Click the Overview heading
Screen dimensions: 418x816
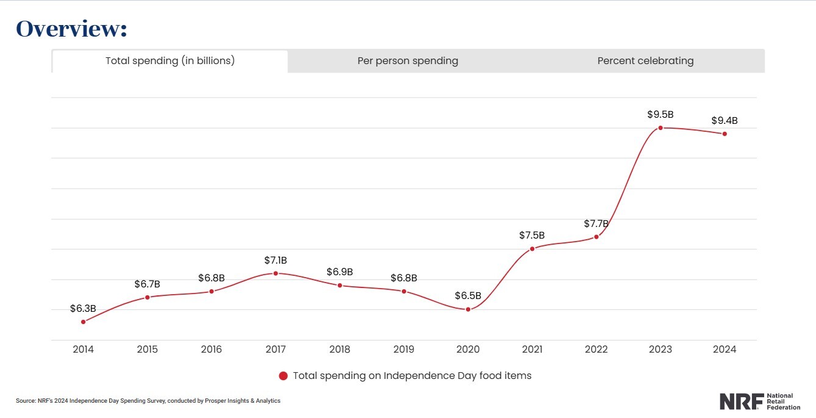click(x=71, y=29)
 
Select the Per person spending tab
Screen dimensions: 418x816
click(x=407, y=61)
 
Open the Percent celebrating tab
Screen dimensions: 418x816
click(x=645, y=61)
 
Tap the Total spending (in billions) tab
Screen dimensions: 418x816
click(x=170, y=61)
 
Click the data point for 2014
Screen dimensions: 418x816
click(x=83, y=322)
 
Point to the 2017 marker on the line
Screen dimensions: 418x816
click(x=276, y=273)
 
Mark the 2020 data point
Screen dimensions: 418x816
click(x=468, y=309)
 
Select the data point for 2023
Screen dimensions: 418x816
click(x=660, y=128)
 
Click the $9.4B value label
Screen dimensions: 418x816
click(x=724, y=121)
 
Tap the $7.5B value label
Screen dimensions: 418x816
click(x=532, y=236)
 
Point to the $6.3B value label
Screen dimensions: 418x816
click(x=83, y=309)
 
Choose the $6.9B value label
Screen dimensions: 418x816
click(x=340, y=272)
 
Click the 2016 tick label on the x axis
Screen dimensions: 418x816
click(x=211, y=350)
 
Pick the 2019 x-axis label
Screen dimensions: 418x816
click(x=404, y=350)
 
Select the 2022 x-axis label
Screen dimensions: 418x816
click(x=596, y=350)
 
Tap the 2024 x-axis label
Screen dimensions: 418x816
click(x=725, y=350)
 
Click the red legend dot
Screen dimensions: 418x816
click(x=283, y=376)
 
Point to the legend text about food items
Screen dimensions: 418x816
click(x=412, y=376)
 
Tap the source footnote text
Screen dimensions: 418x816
click(x=148, y=401)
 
